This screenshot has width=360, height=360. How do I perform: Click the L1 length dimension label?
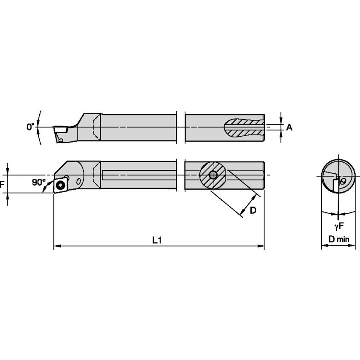(x=157, y=240)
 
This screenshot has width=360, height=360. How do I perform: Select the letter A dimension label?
(x=289, y=127)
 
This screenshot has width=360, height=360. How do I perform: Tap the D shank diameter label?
(x=253, y=210)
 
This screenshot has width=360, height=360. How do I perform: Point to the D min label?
(x=339, y=239)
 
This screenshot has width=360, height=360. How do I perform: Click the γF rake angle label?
(x=339, y=226)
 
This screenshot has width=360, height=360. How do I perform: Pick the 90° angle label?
(x=39, y=182)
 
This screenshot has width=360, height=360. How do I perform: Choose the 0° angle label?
(x=30, y=127)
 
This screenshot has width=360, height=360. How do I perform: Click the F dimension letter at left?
(x=2, y=184)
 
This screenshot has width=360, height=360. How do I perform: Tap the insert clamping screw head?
(x=61, y=185)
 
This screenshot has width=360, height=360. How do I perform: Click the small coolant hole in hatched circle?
(x=213, y=175)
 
